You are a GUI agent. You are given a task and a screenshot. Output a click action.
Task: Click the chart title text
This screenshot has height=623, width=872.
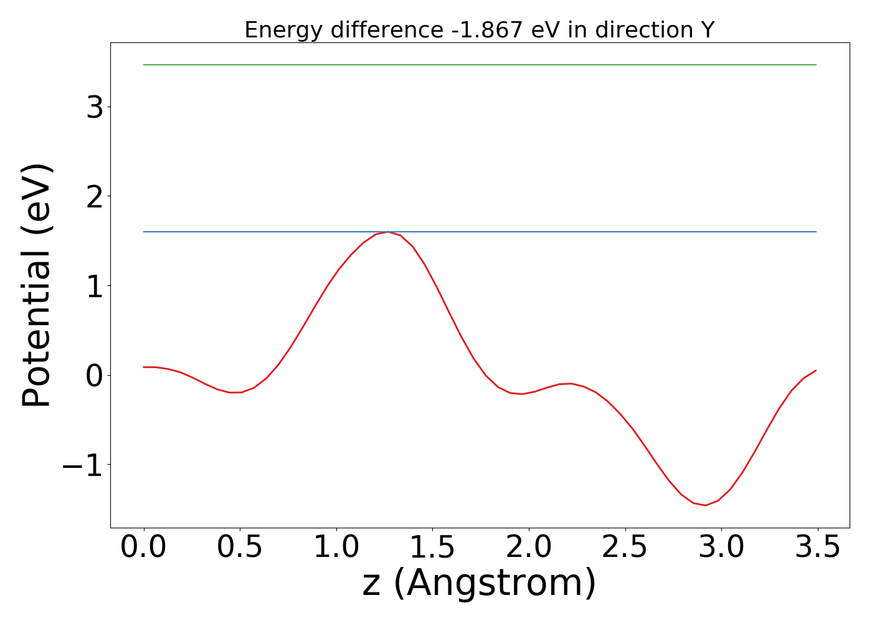pyautogui.click(x=479, y=30)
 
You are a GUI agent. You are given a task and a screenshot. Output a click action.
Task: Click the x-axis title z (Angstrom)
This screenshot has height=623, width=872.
pyautogui.click(x=479, y=584)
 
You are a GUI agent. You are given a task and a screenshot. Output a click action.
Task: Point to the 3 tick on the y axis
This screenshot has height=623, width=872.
pyautogui.click(x=95, y=107)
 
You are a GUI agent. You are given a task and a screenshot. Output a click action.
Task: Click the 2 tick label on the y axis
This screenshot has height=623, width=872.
pyautogui.click(x=95, y=196)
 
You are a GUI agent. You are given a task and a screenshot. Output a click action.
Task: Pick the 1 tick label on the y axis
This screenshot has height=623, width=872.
pyautogui.click(x=95, y=286)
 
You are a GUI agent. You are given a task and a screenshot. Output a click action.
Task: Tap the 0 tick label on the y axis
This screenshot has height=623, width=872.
pyautogui.click(x=95, y=376)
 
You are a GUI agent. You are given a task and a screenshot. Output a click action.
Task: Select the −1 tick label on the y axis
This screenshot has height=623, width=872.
pyautogui.click(x=82, y=465)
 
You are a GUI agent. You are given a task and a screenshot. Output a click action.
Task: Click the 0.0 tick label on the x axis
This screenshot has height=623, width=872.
pyautogui.click(x=144, y=547)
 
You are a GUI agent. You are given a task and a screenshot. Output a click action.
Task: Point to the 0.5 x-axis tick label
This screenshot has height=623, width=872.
pyautogui.click(x=240, y=547)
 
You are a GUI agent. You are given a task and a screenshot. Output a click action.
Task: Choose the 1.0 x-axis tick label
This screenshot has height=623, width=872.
pyautogui.click(x=336, y=547)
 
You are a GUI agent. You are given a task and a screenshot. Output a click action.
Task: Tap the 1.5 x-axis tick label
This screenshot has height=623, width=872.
pyautogui.click(x=432, y=547)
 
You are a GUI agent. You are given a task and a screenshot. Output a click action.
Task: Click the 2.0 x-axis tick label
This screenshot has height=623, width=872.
pyautogui.click(x=529, y=547)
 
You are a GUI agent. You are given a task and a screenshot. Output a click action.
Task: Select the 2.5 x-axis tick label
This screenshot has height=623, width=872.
pyautogui.click(x=625, y=547)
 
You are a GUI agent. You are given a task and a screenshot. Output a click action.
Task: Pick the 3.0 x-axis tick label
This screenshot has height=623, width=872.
pyautogui.click(x=721, y=547)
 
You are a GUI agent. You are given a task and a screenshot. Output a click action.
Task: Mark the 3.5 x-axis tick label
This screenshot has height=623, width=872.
pyautogui.click(x=817, y=547)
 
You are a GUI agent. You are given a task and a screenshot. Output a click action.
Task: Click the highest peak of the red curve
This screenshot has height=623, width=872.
pyautogui.click(x=389, y=232)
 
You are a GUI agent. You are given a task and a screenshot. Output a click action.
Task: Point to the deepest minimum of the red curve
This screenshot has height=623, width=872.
pyautogui.click(x=705, y=505)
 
